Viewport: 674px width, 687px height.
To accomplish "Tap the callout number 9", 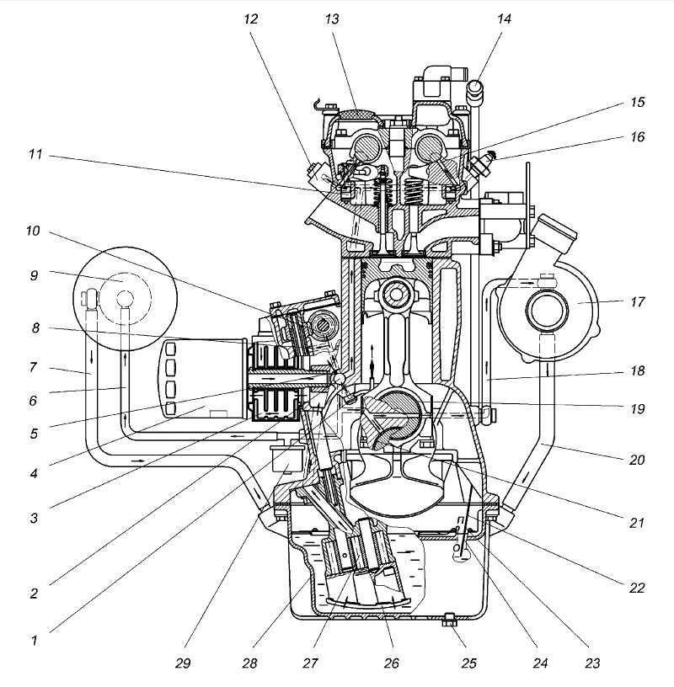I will coord(34,274).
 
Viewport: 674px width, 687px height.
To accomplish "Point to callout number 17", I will coord(638,301).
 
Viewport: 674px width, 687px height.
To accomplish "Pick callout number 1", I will coord(34,641).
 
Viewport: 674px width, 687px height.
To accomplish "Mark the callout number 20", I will coord(638,460).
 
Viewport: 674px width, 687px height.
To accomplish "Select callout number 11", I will coord(34,156).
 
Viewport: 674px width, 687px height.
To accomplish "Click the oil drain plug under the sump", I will coord(450,621).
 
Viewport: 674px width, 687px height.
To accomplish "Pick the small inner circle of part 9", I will coord(125,298).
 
